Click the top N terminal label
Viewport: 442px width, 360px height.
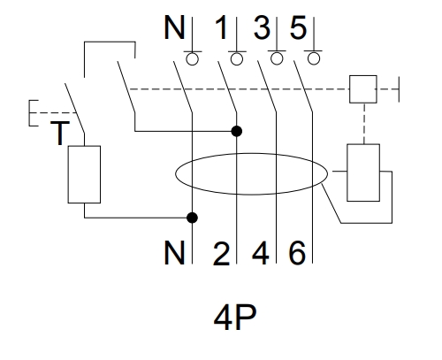(x=174, y=27)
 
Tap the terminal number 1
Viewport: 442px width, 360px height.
(x=222, y=27)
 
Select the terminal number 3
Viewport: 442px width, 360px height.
(x=262, y=27)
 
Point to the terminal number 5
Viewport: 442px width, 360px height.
(x=298, y=27)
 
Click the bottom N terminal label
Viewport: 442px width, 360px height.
(x=174, y=252)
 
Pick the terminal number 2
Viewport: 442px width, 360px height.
(x=221, y=253)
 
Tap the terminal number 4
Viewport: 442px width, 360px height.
(x=261, y=252)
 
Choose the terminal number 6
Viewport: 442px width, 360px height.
(x=297, y=253)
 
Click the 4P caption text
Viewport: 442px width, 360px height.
(x=235, y=318)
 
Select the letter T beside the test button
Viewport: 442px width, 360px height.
(x=60, y=133)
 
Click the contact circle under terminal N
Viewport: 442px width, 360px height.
(x=193, y=59)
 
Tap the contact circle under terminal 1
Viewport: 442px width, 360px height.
(x=237, y=59)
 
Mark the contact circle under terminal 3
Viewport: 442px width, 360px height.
(x=277, y=58)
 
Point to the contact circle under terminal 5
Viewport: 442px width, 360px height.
(x=314, y=58)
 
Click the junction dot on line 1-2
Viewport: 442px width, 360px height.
(x=237, y=131)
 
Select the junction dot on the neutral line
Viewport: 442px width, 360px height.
(x=193, y=218)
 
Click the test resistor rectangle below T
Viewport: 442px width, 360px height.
(x=84, y=174)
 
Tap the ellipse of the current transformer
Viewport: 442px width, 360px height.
(x=176, y=174)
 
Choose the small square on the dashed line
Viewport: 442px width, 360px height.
(x=363, y=89)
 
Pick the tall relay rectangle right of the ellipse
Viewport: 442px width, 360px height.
(x=363, y=172)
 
